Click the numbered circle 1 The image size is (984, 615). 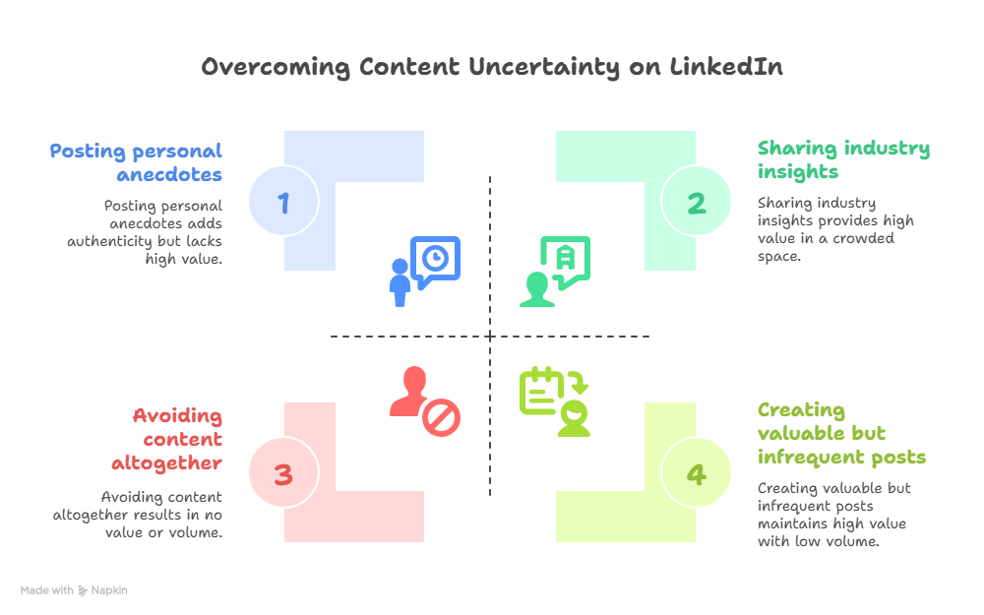[283, 203]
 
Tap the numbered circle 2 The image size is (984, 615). [697, 203]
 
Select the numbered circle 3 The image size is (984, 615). [283, 475]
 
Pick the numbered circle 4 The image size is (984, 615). [697, 475]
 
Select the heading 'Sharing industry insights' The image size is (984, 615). [843, 159]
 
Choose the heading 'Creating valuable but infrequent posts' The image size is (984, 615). [841, 433]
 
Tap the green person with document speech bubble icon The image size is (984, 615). [555, 271]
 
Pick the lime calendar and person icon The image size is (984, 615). [555, 400]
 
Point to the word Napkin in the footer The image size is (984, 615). [109, 590]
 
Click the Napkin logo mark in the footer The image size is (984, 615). [83, 590]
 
